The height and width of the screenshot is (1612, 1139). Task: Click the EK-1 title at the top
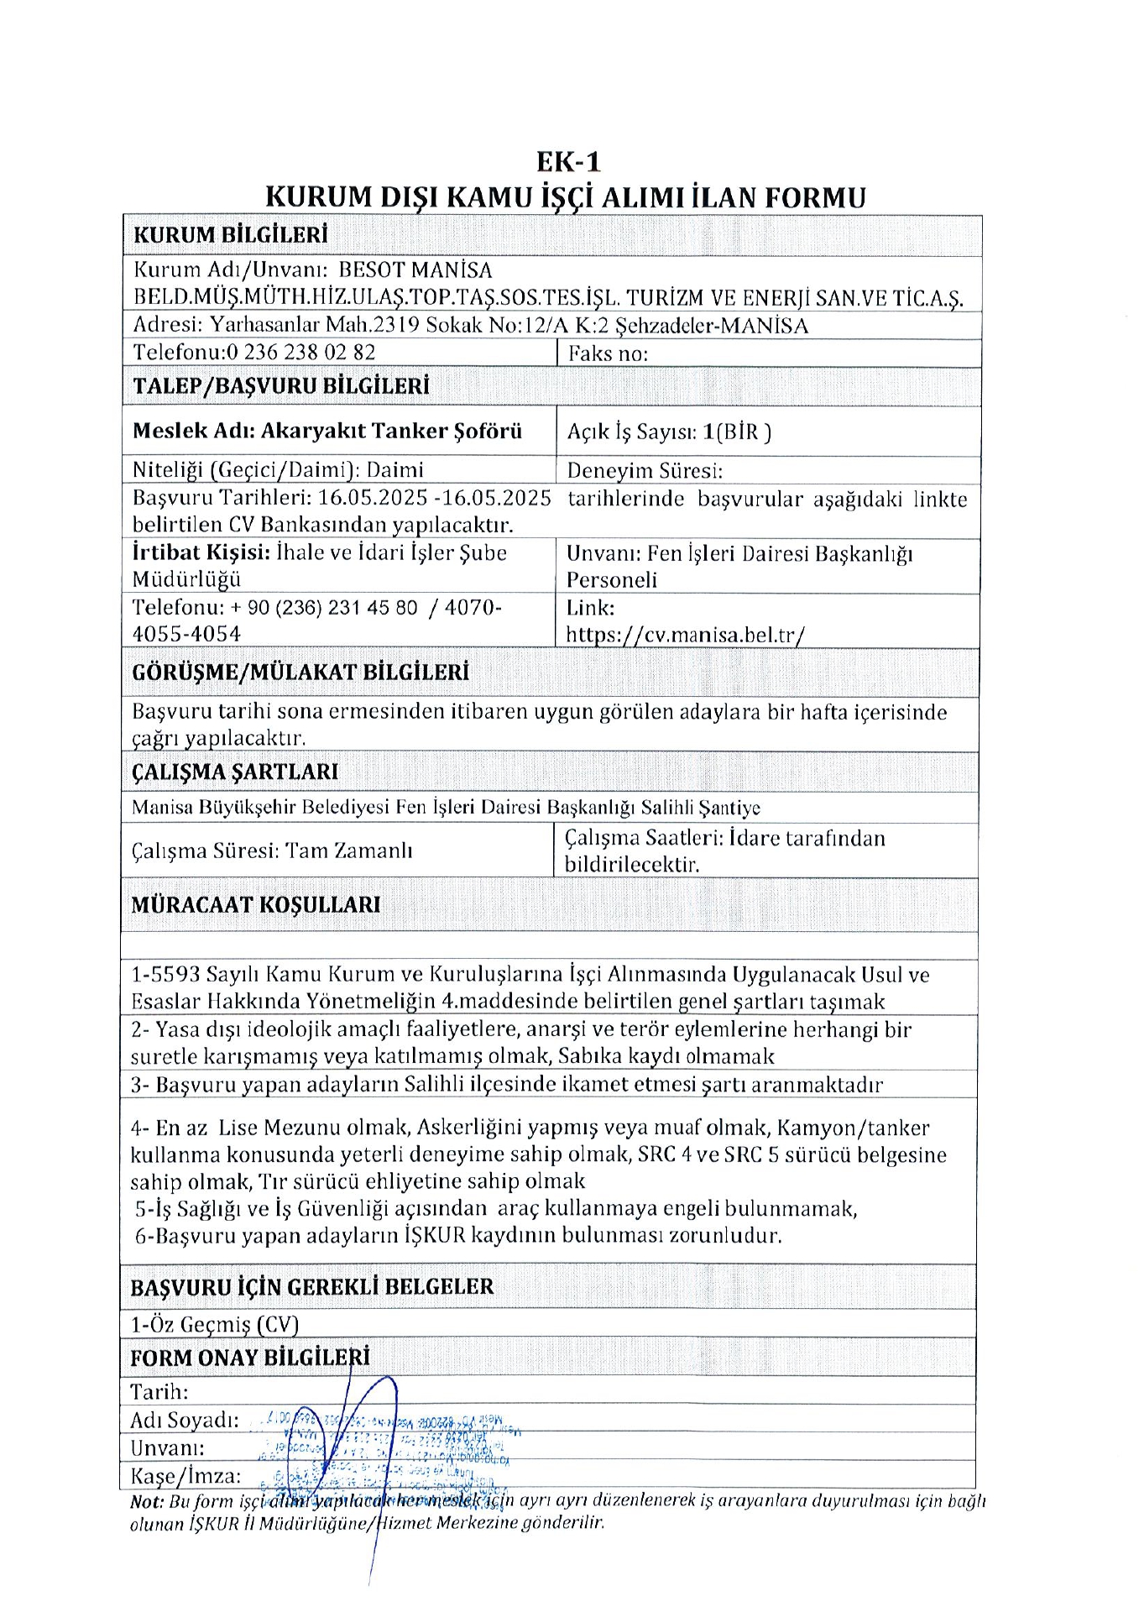(x=569, y=161)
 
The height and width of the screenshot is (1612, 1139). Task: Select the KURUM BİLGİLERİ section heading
(x=230, y=235)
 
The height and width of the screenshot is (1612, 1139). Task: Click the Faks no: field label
(x=608, y=353)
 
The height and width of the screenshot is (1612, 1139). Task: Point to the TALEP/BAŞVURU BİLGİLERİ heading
(x=281, y=386)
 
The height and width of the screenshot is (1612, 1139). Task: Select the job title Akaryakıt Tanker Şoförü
(x=391, y=432)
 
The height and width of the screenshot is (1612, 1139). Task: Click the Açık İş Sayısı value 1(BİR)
(x=737, y=432)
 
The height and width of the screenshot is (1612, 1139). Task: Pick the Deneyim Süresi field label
(x=645, y=471)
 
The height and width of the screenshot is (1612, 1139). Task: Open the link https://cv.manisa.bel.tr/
(x=685, y=635)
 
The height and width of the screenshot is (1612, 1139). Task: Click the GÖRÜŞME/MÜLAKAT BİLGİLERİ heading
(x=300, y=673)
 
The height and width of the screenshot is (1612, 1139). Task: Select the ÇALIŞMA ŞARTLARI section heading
(x=234, y=772)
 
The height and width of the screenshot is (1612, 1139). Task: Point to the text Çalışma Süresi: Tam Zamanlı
(x=272, y=851)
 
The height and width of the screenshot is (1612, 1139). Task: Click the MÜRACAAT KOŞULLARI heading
(x=255, y=905)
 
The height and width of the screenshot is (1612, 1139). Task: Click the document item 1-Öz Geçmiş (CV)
(x=215, y=1325)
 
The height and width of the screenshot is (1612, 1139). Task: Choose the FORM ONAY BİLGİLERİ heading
(x=249, y=1358)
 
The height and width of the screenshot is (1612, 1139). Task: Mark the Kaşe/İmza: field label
(x=185, y=1476)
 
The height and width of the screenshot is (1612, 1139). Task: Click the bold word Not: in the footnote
(x=147, y=1502)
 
